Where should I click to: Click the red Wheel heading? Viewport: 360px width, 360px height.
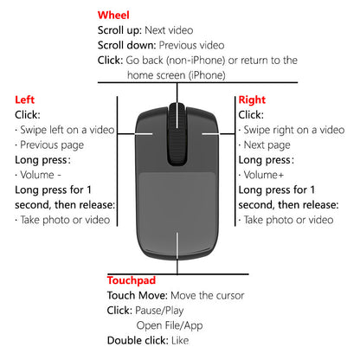point(113,15)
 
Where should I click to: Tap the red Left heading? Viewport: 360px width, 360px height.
point(24,100)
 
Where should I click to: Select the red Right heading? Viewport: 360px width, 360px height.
point(252,100)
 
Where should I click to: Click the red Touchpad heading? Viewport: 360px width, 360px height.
point(132,280)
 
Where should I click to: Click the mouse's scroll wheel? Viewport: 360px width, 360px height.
point(177,134)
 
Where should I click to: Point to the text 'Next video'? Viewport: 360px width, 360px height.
point(169,30)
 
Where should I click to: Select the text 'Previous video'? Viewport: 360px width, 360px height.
point(191,45)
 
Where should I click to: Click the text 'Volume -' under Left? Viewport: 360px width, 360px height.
point(41,175)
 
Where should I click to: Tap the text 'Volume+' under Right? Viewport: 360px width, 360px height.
point(264,175)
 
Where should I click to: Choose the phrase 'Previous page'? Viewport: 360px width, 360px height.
point(52,145)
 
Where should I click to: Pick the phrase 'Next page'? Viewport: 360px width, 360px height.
point(267,145)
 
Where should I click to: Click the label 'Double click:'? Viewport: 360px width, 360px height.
point(138,340)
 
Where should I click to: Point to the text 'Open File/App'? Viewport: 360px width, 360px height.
point(170,325)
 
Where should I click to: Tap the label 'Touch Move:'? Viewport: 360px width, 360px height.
point(138,295)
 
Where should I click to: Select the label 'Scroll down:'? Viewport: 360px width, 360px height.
point(127,45)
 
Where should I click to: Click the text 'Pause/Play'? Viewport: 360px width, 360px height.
point(159,311)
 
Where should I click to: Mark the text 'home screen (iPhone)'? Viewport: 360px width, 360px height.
point(177,75)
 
